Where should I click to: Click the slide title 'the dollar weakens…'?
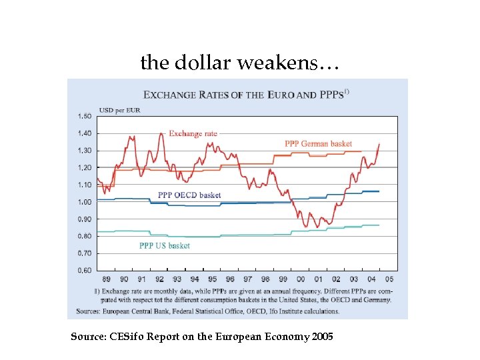240,63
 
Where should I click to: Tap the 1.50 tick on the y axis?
84,116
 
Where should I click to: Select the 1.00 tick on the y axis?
84,202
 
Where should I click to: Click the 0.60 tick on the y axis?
84,271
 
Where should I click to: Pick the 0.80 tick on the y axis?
84,236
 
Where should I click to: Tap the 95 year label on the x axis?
212,280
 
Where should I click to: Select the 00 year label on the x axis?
301,280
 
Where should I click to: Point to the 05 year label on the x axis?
389,280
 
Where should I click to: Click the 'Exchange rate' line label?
193,134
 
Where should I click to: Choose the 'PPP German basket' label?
318,144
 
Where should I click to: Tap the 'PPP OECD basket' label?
189,195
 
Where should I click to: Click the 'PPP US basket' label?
164,245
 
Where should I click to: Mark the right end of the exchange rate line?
379,144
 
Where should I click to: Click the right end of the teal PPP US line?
379,225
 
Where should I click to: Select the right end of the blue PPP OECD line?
379,191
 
